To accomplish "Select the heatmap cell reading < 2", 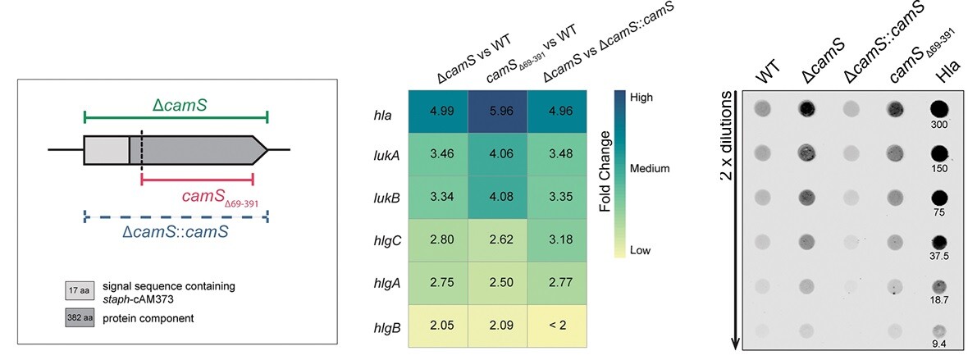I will click(556, 326).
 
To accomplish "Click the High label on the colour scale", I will click(642, 96).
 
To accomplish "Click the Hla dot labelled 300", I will click(940, 107).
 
